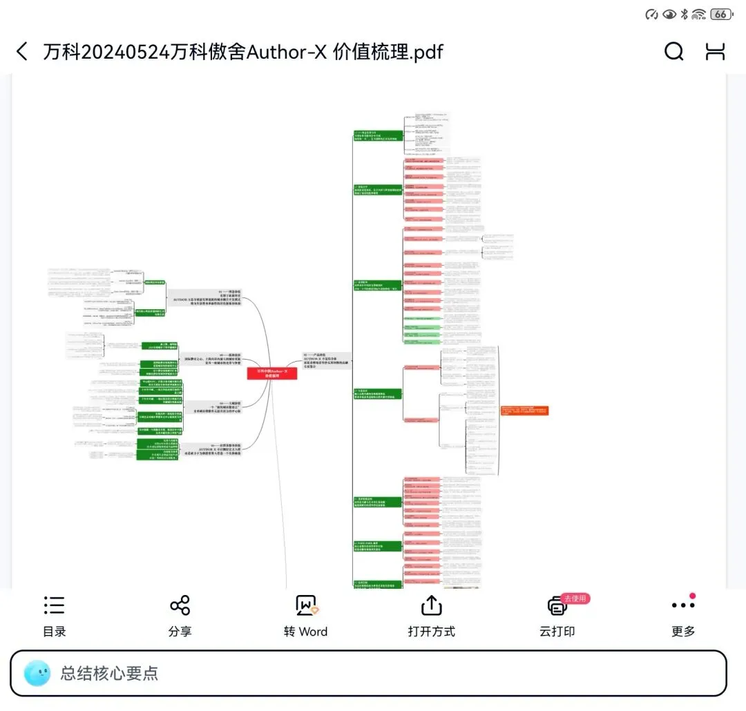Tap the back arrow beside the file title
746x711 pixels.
[x=22, y=51]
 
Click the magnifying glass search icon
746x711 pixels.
[x=673, y=51]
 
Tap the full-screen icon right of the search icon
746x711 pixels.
[x=715, y=51]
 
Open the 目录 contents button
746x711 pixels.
[x=54, y=616]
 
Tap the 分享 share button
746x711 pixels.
[x=180, y=616]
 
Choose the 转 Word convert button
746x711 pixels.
[x=305, y=616]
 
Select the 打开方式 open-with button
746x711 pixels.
[x=431, y=616]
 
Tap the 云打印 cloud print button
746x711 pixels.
[x=557, y=616]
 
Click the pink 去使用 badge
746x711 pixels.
[x=575, y=598]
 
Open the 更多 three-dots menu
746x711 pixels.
[x=683, y=616]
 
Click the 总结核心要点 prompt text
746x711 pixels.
[x=109, y=673]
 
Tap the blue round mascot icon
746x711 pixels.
[x=37, y=674]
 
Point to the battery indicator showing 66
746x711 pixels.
[x=721, y=14]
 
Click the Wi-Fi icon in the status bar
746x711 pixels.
[x=699, y=14]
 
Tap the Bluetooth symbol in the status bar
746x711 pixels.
[x=684, y=14]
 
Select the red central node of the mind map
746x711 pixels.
[x=272, y=373]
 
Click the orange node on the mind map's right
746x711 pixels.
[x=525, y=410]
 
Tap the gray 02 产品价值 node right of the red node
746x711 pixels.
[x=326, y=360]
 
